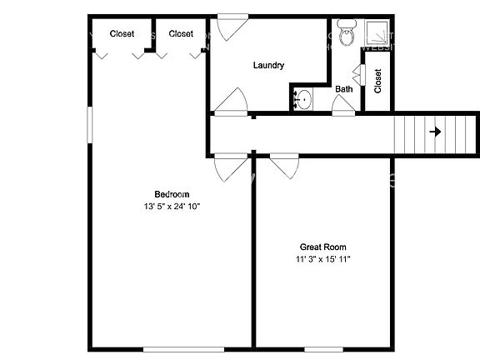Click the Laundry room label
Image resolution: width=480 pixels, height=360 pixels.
pyautogui.click(x=269, y=65)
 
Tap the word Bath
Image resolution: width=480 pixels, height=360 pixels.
pyautogui.click(x=343, y=88)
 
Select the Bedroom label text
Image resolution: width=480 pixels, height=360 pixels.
pyautogui.click(x=172, y=194)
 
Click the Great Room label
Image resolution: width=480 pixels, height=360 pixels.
pyautogui.click(x=323, y=247)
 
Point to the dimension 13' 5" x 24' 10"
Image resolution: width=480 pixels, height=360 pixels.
pyautogui.click(x=172, y=206)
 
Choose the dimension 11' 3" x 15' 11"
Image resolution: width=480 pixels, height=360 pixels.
pyautogui.click(x=323, y=259)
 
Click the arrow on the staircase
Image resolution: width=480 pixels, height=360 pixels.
pyautogui.click(x=435, y=132)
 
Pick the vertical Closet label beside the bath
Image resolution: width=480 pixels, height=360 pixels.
pyautogui.click(x=377, y=81)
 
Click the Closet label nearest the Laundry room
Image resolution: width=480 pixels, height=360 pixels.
pyautogui.click(x=181, y=34)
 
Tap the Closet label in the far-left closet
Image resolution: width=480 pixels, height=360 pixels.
pyautogui.click(x=122, y=34)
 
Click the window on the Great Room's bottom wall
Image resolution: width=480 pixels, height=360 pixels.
pyautogui.click(x=324, y=348)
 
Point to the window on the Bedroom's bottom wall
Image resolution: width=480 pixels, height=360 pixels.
pyautogui.click(x=172, y=348)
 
